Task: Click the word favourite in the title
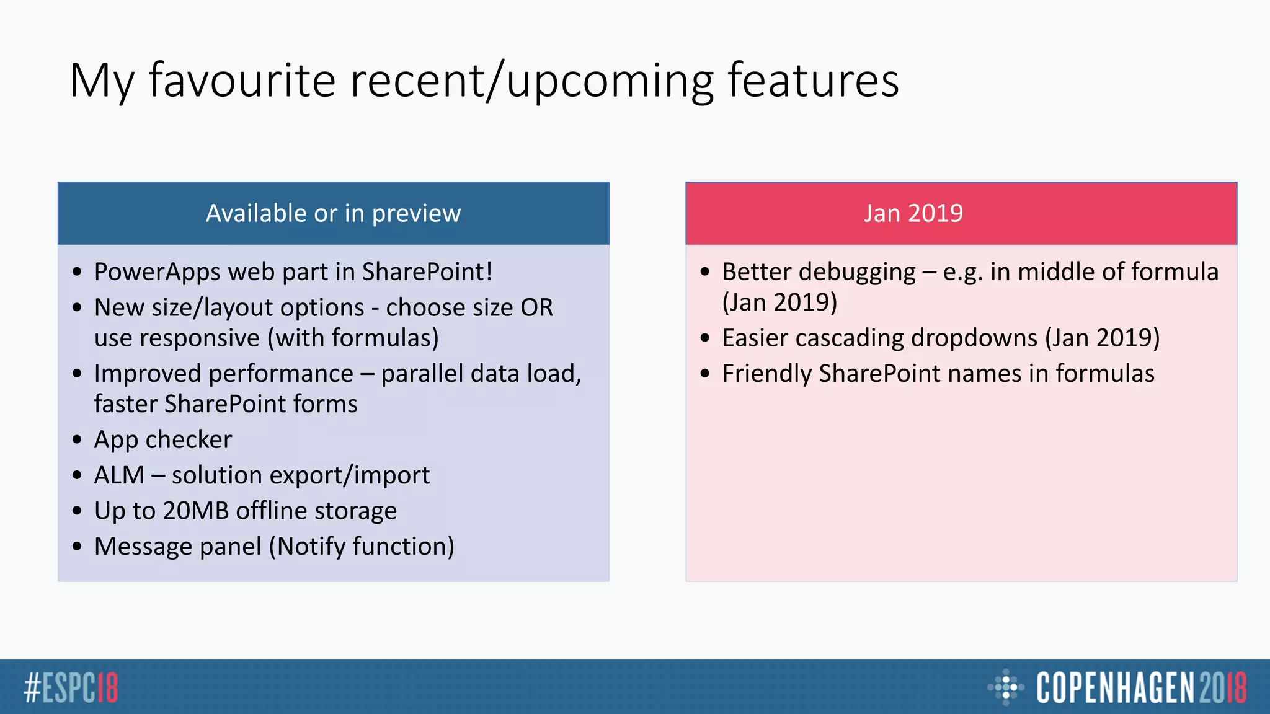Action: (x=242, y=81)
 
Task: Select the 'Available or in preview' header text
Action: (x=333, y=213)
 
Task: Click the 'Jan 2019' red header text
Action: (x=913, y=213)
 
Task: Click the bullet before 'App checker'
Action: (x=77, y=440)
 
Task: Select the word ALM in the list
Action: (x=118, y=475)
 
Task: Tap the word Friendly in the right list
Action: (x=766, y=374)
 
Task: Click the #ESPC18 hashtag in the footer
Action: (x=71, y=687)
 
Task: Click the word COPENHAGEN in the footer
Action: (x=1115, y=687)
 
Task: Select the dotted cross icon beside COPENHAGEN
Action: (x=1005, y=687)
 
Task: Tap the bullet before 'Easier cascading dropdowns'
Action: (x=705, y=338)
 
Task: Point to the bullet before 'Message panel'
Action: (x=77, y=547)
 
